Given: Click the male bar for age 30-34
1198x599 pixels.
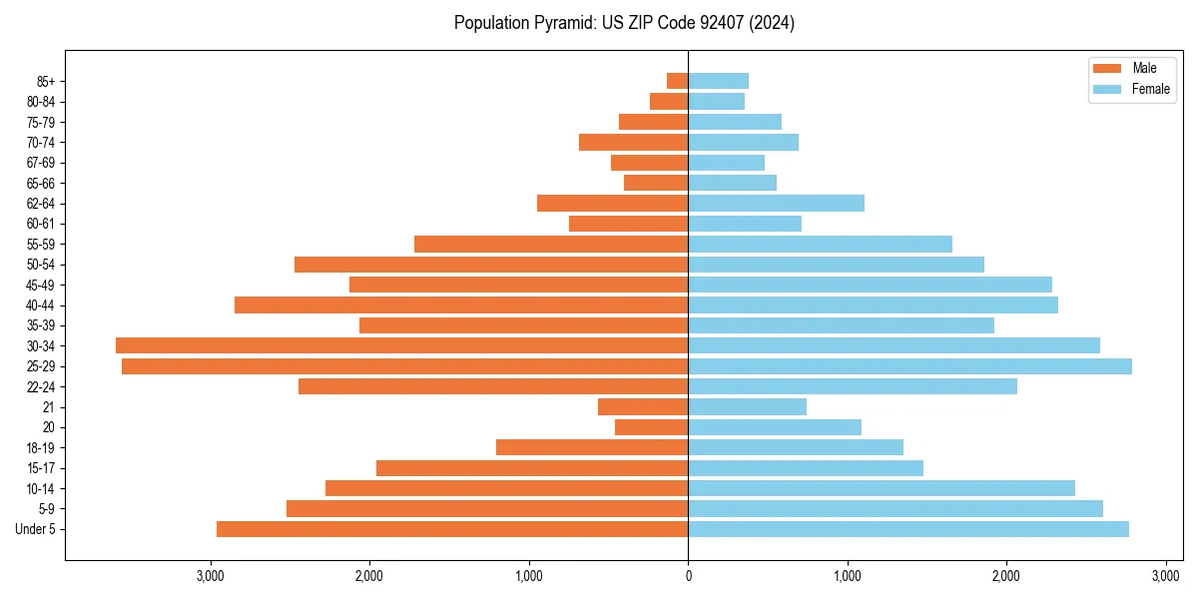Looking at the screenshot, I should (x=401, y=345).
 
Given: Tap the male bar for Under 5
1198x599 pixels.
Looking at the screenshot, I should (x=452, y=529).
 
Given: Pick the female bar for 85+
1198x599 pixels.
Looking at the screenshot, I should (x=718, y=81).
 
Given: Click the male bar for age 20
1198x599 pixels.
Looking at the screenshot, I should (x=651, y=427).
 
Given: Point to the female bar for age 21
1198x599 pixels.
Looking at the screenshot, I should (x=747, y=406).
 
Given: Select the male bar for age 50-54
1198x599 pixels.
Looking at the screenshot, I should (x=491, y=265).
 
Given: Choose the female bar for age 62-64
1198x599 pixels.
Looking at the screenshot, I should (x=776, y=203).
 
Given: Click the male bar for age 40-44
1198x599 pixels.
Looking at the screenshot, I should (x=461, y=304).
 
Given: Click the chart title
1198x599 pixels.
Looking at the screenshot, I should (x=624, y=23).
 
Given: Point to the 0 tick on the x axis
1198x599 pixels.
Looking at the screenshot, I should (x=688, y=576).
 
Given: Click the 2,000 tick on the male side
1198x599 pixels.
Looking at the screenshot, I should (x=369, y=576).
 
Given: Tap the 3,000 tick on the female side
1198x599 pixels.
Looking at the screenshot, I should (x=1165, y=576).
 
